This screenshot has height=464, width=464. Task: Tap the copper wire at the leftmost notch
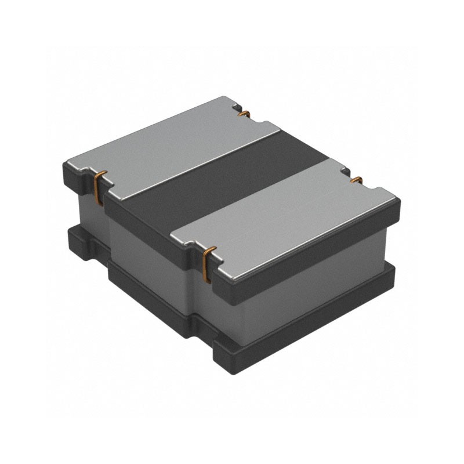tap(98, 182)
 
